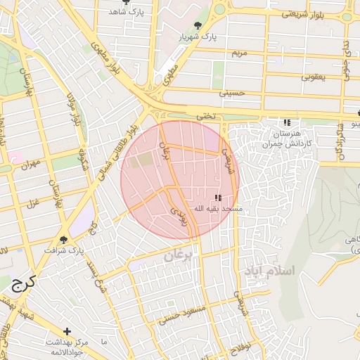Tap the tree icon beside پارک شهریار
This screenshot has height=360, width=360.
(x=199, y=25)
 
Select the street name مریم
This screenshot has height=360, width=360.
(x=240, y=53)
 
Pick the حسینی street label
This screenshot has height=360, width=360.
(x=232, y=92)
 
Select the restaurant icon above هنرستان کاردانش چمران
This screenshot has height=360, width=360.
(x=286, y=122)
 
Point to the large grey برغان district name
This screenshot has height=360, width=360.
(x=178, y=257)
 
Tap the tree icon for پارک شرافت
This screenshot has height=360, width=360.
(x=64, y=239)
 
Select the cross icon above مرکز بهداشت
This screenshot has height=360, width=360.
(x=67, y=330)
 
